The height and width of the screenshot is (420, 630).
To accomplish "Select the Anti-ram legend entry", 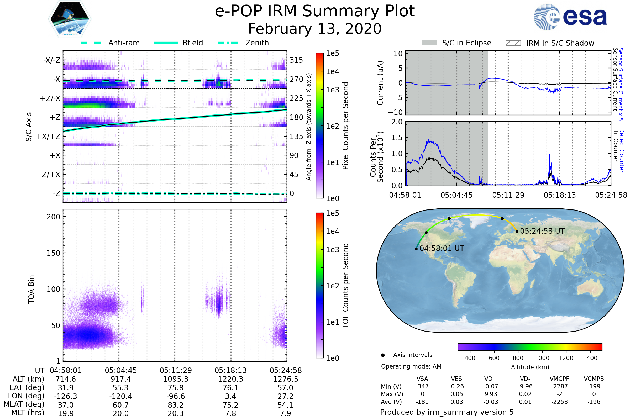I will coord(110,43).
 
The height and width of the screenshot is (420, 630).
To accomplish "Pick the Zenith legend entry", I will coord(244,43).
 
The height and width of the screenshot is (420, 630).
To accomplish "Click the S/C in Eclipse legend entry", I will coord(456,43).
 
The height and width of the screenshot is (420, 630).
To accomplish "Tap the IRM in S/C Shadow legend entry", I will coord(550,43).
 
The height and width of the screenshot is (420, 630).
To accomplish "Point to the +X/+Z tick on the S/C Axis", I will coord(48,136).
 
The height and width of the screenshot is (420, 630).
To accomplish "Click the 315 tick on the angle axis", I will coord(296,60).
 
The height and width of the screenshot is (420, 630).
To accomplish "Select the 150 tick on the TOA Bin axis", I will coord(53,253).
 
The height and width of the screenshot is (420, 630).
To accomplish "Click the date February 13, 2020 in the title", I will coord(315,29).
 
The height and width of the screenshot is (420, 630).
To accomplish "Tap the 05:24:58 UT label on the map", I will coord(542,231).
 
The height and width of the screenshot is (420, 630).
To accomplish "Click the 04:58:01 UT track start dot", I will coord(416,249).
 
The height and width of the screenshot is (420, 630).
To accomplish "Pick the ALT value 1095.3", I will coord(176,379).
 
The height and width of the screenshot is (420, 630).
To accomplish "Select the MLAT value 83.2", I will coord(176,405).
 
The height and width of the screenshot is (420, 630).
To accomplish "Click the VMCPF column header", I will coord(559,379).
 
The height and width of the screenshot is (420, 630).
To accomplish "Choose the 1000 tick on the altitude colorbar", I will coord(542,358).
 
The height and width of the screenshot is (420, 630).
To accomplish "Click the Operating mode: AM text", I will coord(411,366).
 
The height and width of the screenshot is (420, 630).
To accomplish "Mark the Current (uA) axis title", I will coord(380,83).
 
